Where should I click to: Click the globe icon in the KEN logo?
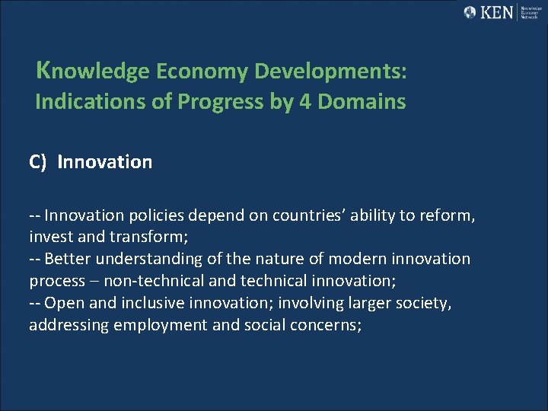tap(470, 12)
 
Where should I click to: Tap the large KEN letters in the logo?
tap(498, 12)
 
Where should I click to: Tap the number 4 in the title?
tap(306, 101)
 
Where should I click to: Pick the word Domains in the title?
tap(362, 101)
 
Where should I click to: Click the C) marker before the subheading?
tap(39, 162)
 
